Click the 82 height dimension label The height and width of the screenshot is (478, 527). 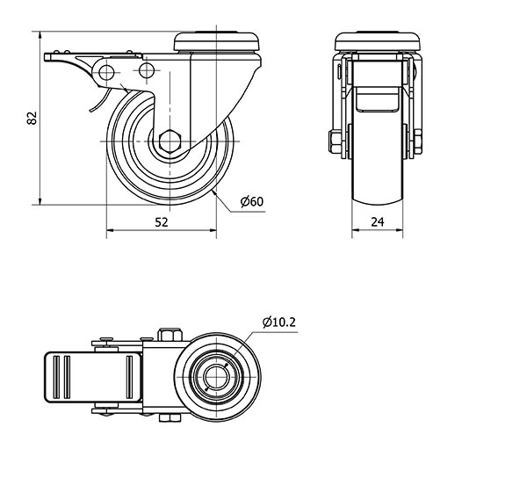coord(32,118)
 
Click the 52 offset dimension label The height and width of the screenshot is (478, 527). coord(162,222)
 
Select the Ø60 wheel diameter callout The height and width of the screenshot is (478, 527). coord(252,202)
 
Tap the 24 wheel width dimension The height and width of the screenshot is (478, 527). coord(378,221)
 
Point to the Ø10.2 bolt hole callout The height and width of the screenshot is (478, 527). coord(279,322)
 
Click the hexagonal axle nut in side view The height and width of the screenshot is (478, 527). coord(170,141)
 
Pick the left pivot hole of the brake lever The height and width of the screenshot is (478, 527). coord(106,72)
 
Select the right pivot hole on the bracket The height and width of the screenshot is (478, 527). coord(147,70)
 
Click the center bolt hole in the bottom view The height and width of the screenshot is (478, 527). coord(217,377)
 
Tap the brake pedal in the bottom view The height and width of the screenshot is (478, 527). coord(93,377)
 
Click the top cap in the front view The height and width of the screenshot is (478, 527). coord(378,41)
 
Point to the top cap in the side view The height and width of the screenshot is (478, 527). coord(217,41)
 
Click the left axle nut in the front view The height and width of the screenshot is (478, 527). coord(336,141)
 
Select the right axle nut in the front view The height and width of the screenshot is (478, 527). coord(418,141)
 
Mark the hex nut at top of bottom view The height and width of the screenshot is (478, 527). coord(170,335)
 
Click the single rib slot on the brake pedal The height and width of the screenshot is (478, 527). coord(129,377)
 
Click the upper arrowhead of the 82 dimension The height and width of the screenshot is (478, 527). coord(40,35)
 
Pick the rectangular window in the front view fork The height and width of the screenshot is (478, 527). coord(378,99)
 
